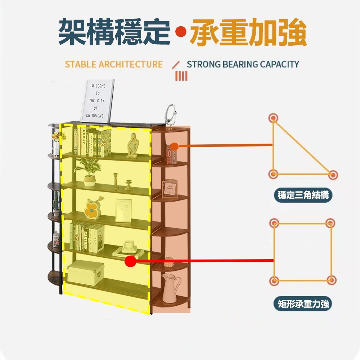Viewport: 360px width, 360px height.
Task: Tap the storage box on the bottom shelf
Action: [85, 272]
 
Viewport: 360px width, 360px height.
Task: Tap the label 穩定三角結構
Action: [303, 195]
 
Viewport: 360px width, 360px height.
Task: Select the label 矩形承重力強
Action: [303, 304]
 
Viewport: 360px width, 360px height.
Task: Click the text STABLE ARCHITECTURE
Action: [114, 64]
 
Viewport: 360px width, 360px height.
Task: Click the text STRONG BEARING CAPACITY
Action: [243, 64]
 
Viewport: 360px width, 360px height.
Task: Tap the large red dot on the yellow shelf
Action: [130, 261]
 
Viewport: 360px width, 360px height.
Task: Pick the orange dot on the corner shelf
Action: [174, 146]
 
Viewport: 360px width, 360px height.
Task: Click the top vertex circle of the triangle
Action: [274, 118]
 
